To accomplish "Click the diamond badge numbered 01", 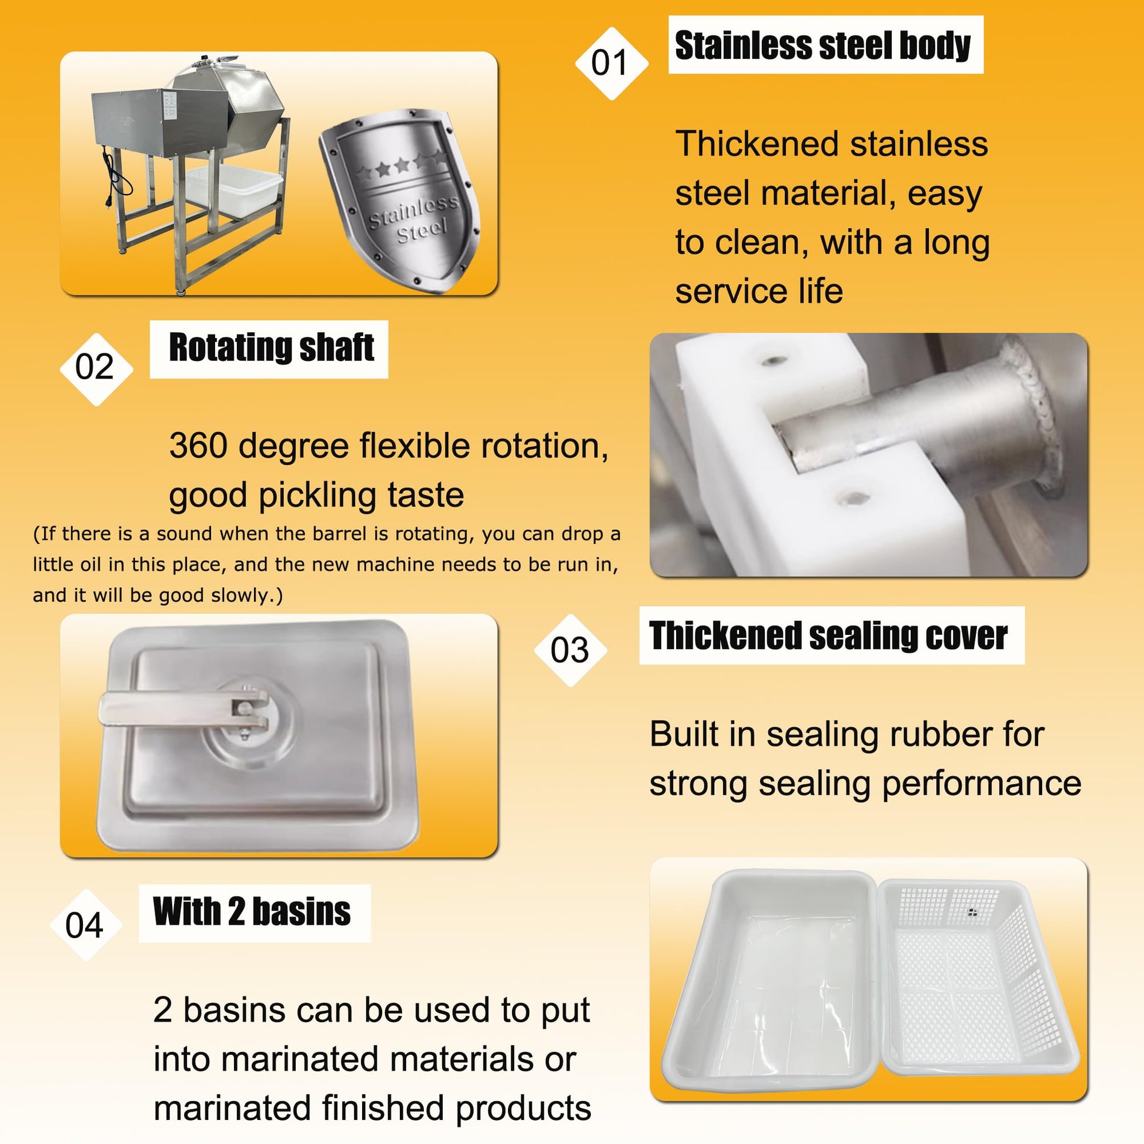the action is coord(611,63).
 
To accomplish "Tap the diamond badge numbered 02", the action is coord(96,369).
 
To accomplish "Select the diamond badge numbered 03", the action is coord(570,650).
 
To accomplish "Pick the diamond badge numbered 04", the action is coord(86,924).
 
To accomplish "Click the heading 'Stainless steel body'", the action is coord(822,45).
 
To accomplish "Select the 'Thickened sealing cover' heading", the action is coord(828,635).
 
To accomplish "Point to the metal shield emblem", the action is coord(400,200).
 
